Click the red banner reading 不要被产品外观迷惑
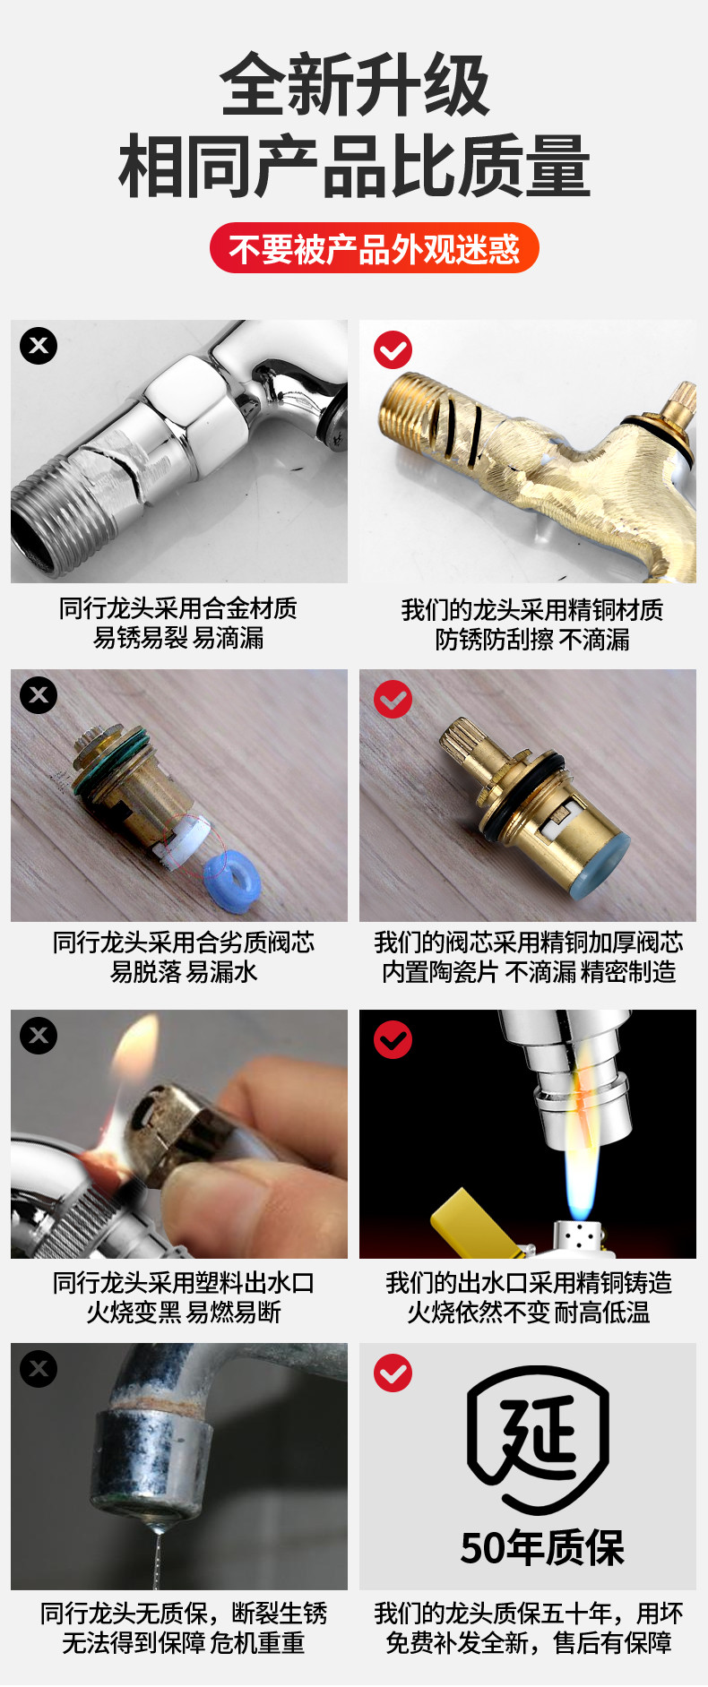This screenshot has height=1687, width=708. point(374,248)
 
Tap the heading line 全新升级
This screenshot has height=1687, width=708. point(355,85)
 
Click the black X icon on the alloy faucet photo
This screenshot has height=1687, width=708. point(39,346)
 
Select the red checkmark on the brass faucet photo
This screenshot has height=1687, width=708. point(393,349)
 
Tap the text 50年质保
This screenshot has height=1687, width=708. point(542,1547)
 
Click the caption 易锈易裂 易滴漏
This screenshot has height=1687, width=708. point(178,638)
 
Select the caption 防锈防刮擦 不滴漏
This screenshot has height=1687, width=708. point(532,640)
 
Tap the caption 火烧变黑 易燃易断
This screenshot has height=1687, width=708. point(184,1313)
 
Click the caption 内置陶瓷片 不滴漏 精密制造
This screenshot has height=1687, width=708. point(529,972)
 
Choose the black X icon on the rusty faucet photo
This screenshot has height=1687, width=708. point(39,1369)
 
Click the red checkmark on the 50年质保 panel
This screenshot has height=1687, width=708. point(393,1373)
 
